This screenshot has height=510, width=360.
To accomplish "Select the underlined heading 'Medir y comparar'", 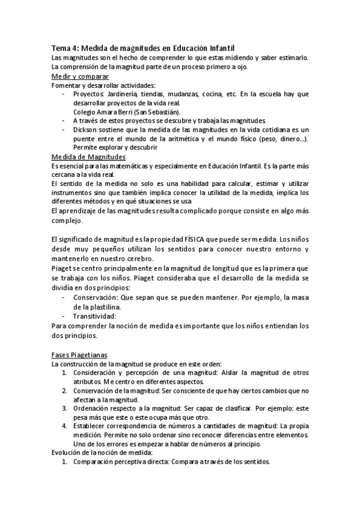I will [x=80, y=76].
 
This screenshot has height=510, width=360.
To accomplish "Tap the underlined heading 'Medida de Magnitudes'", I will [x=88, y=156].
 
